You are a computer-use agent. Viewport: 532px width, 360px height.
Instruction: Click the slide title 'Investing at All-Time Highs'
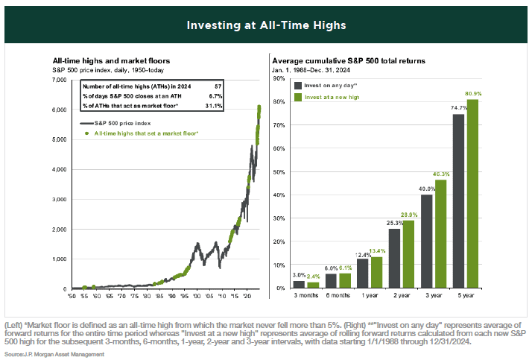266,25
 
